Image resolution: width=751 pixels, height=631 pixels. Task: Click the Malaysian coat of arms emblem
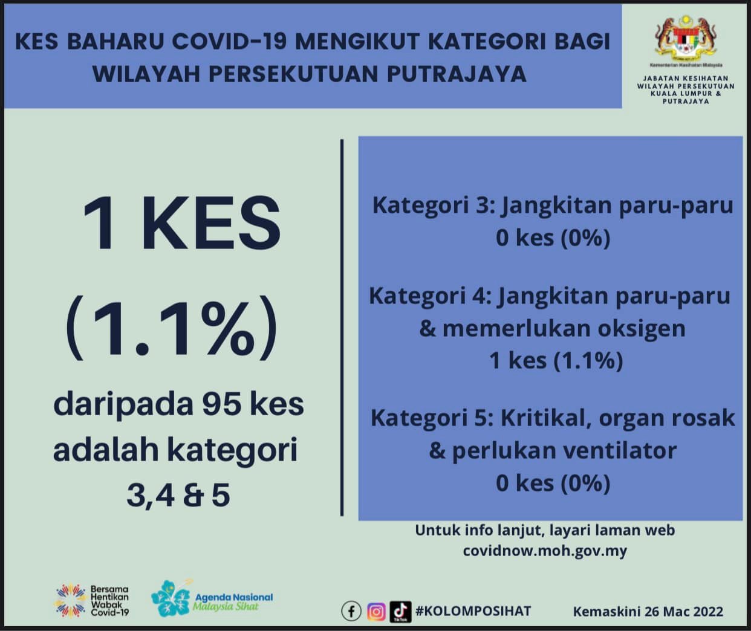point(686,37)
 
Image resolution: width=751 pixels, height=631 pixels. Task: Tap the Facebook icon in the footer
point(351,611)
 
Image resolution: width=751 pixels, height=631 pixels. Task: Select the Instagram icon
point(376,611)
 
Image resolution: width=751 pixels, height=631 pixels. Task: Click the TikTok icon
point(400,611)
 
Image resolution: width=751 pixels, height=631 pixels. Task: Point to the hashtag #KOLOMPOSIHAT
point(473,611)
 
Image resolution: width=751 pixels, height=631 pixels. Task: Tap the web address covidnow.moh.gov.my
point(545,551)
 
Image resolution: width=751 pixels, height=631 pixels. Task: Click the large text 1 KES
point(181,223)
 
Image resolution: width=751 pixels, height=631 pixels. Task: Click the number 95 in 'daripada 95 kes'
point(221,404)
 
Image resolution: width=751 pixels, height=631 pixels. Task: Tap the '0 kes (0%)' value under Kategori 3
point(553,238)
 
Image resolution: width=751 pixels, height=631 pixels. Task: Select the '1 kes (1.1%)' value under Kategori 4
point(556,361)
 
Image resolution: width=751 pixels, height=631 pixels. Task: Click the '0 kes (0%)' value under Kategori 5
point(553,483)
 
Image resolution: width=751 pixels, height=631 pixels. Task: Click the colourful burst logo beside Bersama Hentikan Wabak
point(71,600)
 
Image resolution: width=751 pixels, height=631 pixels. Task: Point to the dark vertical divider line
point(342,328)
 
